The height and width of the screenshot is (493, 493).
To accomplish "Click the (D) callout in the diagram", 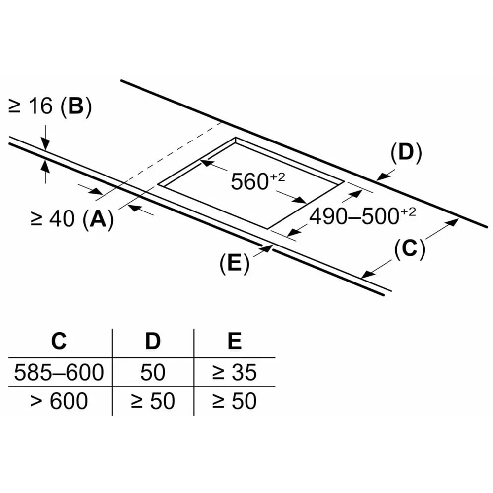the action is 406,153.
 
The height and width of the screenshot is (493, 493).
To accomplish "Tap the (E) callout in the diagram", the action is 234,264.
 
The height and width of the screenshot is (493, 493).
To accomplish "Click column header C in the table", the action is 59,341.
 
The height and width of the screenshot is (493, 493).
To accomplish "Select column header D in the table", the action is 153,341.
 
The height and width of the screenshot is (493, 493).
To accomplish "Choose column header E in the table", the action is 235,341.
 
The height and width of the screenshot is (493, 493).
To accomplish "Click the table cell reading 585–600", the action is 59,372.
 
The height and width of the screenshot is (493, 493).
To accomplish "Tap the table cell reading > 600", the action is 59,401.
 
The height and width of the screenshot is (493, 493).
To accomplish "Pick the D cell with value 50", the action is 153,372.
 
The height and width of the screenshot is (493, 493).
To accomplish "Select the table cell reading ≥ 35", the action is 235,372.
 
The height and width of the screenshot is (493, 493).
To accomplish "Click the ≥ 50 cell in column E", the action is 235,401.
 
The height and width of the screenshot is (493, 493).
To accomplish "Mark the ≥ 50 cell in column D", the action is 153,401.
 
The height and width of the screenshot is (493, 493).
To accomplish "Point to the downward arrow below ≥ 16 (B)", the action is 45,143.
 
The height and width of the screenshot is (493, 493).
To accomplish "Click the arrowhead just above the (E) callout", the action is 268,248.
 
